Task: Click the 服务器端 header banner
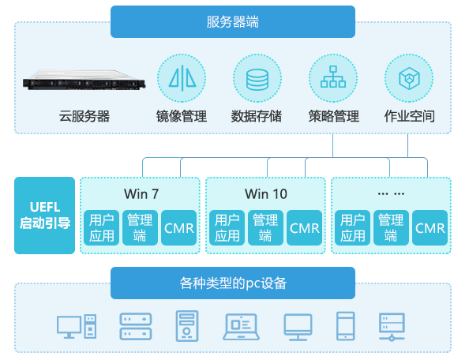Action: (233, 22)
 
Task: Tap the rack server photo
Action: (84, 80)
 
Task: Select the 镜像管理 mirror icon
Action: (182, 78)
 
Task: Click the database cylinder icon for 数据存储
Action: (257, 78)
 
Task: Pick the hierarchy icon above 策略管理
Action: (333, 78)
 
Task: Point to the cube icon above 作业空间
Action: (409, 78)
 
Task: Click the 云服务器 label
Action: (84, 116)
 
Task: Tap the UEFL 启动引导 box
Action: (44, 216)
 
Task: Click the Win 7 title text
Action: (141, 193)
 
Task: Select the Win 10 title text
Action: (266, 193)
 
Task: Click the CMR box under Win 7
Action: (179, 228)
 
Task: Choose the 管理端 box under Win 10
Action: (265, 228)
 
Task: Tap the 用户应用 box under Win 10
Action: (227, 228)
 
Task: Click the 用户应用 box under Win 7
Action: (101, 228)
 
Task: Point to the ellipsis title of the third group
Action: (391, 193)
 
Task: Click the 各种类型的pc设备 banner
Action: (233, 283)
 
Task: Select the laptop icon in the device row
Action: (241, 327)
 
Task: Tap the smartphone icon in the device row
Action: (346, 326)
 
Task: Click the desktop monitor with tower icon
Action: (77, 326)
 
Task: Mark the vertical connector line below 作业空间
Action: (407, 145)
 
